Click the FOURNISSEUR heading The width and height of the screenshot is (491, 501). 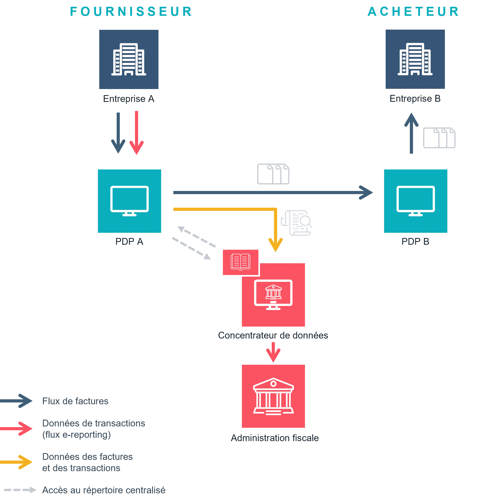pyautogui.click(x=131, y=12)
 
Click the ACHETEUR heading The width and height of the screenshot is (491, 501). pyautogui.click(x=413, y=12)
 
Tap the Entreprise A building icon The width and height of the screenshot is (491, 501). pyautogui.click(x=129, y=59)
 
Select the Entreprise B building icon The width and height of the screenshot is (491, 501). pyautogui.click(x=415, y=59)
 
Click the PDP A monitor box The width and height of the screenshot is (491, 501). pyautogui.click(x=130, y=201)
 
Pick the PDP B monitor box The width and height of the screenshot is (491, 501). pyautogui.click(x=416, y=201)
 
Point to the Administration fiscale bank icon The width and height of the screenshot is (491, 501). pyautogui.click(x=273, y=396)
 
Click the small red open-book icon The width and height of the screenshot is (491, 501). pyautogui.click(x=241, y=262)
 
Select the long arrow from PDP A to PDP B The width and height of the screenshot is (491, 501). pyautogui.click(x=273, y=192)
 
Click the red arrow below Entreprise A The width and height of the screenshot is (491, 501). pyautogui.click(x=136, y=133)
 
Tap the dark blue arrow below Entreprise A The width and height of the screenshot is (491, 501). pyautogui.click(x=118, y=133)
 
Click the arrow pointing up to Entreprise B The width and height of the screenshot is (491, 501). pyautogui.click(x=411, y=133)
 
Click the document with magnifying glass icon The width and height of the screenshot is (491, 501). pyautogui.click(x=297, y=223)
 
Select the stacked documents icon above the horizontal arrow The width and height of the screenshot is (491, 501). pyautogui.click(x=273, y=174)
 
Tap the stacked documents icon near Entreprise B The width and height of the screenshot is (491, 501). pyautogui.click(x=439, y=138)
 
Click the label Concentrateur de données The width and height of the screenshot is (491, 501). pyautogui.click(x=273, y=335)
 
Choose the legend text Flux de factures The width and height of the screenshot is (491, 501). pyautogui.click(x=75, y=401)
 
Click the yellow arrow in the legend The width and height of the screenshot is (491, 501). pyautogui.click(x=16, y=462)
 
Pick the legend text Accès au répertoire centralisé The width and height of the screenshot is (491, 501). pyautogui.click(x=104, y=490)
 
